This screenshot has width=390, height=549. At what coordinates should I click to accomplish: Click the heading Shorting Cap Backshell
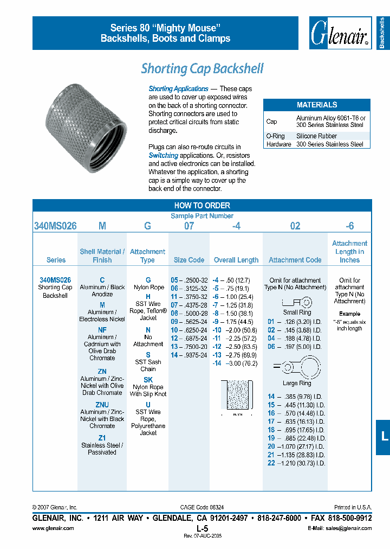tap(202, 69)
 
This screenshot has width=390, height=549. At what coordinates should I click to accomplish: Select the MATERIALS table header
tap(317, 105)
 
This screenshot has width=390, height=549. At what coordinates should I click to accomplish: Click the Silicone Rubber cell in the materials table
tap(317, 136)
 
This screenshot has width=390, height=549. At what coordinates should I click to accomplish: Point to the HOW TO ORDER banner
tap(202, 206)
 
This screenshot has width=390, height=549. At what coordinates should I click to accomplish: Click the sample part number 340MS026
tap(55, 226)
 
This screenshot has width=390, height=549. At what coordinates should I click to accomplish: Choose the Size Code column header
tap(188, 260)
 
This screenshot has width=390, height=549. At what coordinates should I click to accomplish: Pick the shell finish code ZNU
tap(102, 405)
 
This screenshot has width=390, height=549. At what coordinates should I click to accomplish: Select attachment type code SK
tap(148, 380)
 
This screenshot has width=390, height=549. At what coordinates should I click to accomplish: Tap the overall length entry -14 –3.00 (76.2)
tap(236, 363)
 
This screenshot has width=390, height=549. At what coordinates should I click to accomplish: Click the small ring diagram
tap(297, 302)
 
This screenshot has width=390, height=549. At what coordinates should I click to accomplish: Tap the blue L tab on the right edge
tap(383, 436)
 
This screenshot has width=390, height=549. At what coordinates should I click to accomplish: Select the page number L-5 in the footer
tap(202, 528)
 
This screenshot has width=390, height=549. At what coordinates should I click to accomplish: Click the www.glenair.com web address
tap(53, 528)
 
